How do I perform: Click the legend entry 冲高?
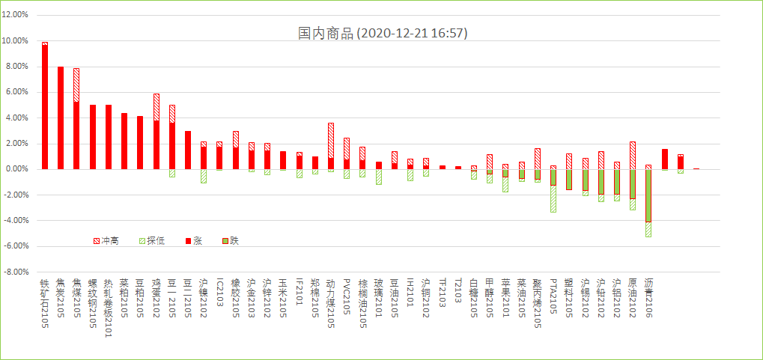(x=106, y=241)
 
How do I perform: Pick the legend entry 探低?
(x=153, y=241)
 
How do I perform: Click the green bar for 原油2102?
(x=633, y=184)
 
